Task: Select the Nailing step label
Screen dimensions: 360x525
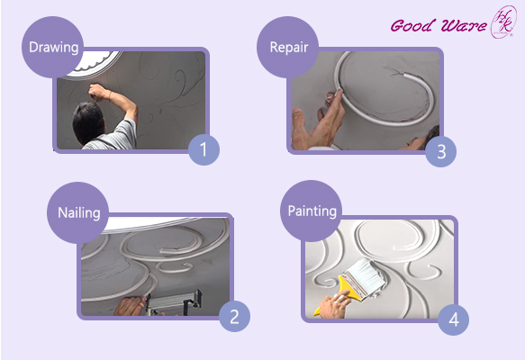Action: pyautogui.click(x=77, y=213)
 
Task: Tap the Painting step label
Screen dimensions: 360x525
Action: pyautogui.click(x=311, y=211)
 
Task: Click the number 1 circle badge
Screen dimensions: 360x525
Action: pyautogui.click(x=204, y=148)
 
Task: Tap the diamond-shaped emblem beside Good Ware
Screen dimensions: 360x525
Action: pyautogui.click(x=501, y=22)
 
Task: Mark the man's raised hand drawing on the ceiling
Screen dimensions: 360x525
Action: pyautogui.click(x=95, y=90)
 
